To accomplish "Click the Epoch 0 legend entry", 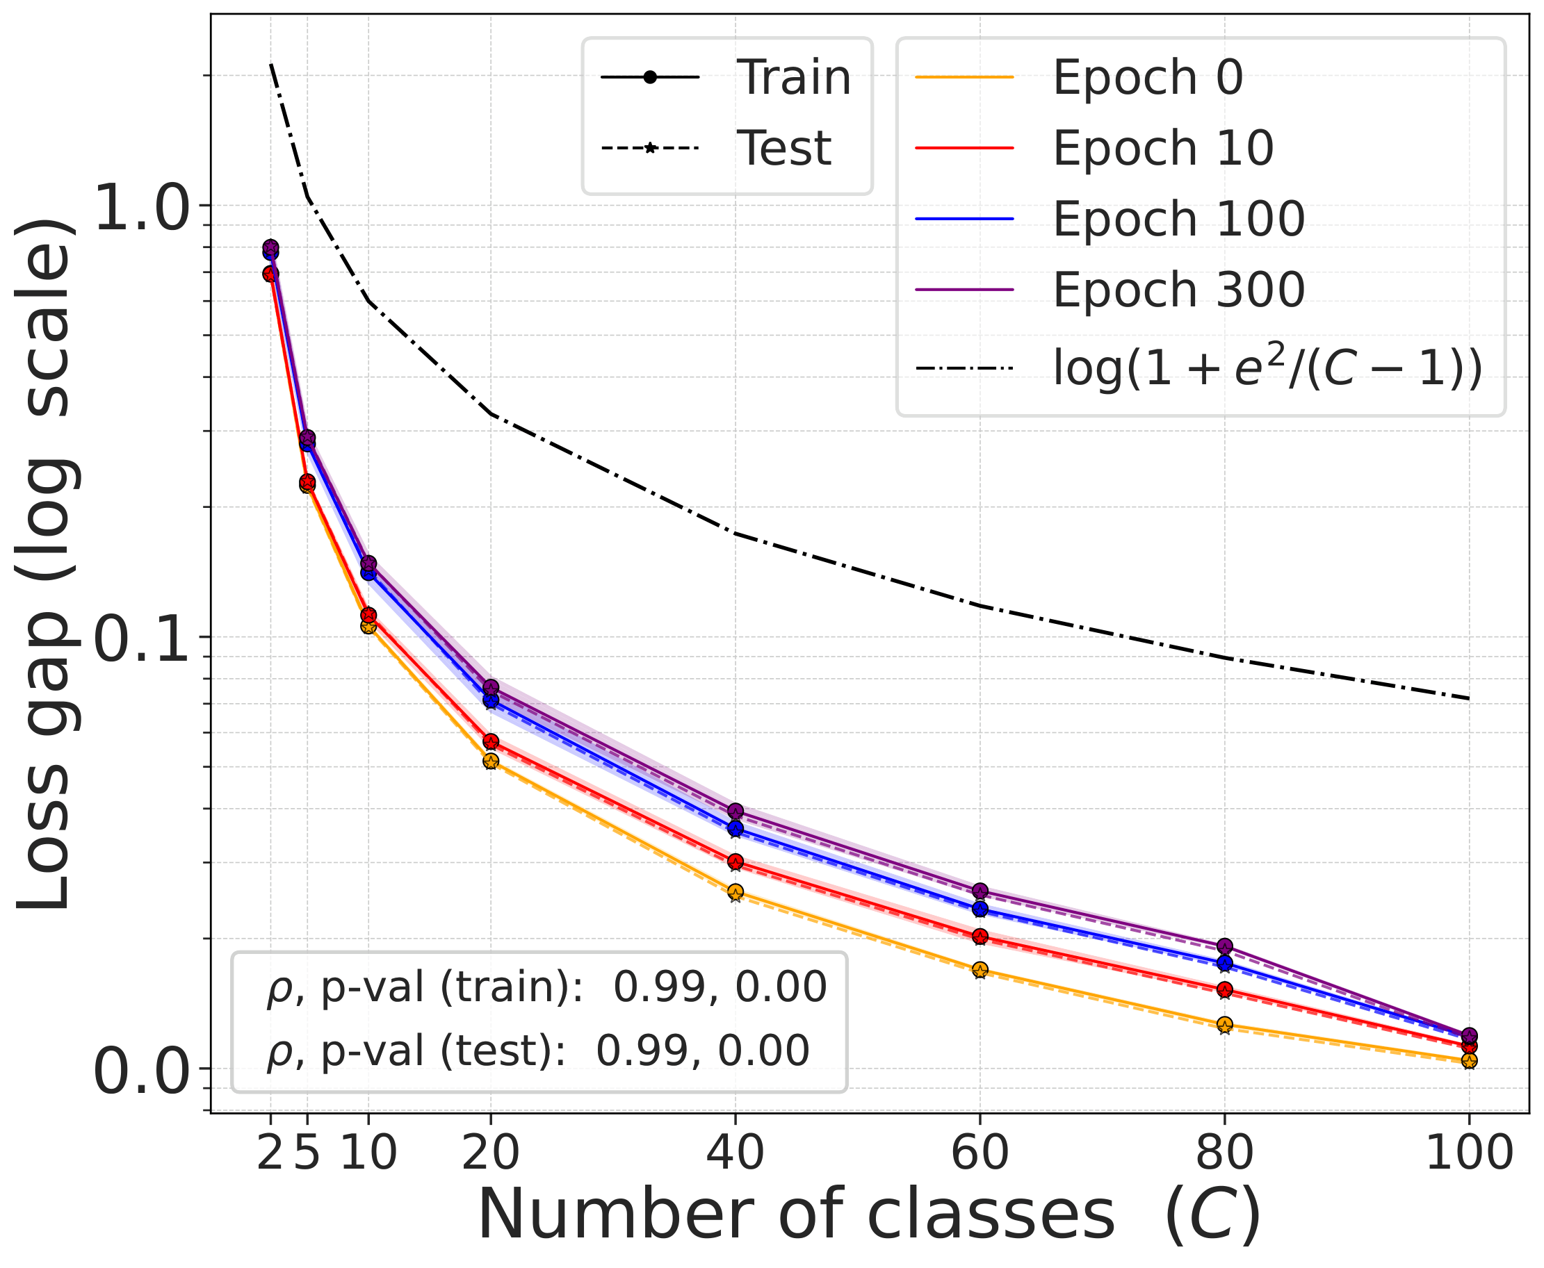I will [x=1147, y=76].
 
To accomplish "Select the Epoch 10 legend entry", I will [x=1162, y=147].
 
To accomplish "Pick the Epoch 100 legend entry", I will [x=1178, y=218].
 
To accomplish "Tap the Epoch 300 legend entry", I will [x=1178, y=289].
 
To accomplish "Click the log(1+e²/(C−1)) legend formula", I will [x=1267, y=368].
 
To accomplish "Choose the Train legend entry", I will [x=793, y=76].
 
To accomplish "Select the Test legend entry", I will [x=783, y=147].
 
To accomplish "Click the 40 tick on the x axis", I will [x=735, y=1153].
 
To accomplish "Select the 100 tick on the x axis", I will [x=1469, y=1153].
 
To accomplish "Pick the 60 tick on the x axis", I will [x=980, y=1153].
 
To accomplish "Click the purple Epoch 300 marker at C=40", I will [x=735, y=811].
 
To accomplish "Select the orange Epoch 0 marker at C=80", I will [x=1225, y=1024].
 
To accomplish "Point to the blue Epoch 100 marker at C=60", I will [x=980, y=909].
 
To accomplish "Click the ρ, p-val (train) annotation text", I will [x=546, y=988].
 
